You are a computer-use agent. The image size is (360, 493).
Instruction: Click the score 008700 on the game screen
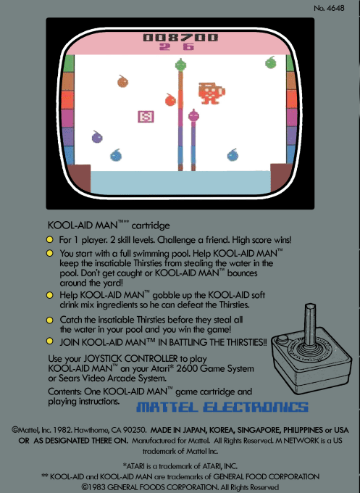pos(180,37)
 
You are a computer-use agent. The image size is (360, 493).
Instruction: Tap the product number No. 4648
pos(330,8)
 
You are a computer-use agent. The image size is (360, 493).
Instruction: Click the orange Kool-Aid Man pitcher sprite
pos(211,93)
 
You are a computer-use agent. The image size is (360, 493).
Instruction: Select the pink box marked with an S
pos(146,116)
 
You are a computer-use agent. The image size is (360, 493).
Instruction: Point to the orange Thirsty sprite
pos(123,81)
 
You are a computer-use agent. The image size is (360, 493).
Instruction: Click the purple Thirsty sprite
pos(97,136)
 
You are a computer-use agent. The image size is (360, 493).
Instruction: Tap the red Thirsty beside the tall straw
pos(170,99)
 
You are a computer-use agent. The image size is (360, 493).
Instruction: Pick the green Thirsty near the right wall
pos(270,62)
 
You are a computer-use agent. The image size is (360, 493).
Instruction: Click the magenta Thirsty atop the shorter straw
pos(194,115)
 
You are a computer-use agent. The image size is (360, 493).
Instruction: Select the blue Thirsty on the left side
pos(115,155)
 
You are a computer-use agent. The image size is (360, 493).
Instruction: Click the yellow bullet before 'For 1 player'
pos(50,239)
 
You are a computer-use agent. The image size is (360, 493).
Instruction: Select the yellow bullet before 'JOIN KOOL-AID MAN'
pos(50,341)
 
